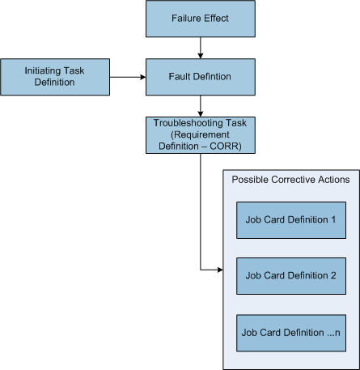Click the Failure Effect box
click(x=199, y=19)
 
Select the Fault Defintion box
click(x=199, y=77)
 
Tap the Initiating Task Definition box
click(x=54, y=77)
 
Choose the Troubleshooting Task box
click(x=199, y=134)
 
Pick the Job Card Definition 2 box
click(x=290, y=274)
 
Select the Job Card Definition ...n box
click(x=290, y=331)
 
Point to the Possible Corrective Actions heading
click(x=290, y=179)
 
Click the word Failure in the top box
click(x=185, y=19)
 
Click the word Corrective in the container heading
click(x=294, y=179)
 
